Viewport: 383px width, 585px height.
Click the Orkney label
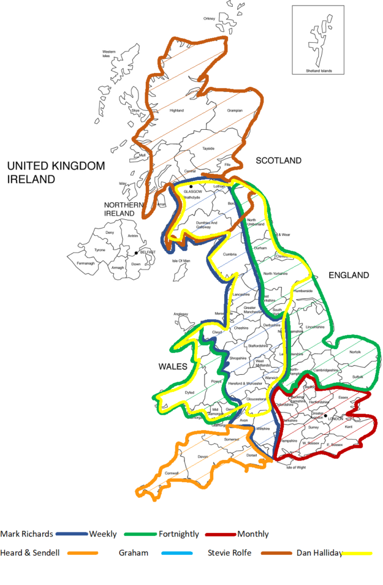click(209, 19)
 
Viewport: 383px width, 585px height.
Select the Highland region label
click(177, 110)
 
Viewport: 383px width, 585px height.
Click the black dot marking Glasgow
click(191, 187)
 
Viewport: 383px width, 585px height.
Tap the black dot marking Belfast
click(136, 253)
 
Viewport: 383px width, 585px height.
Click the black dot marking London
click(326, 416)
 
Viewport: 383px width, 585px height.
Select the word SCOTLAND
click(278, 161)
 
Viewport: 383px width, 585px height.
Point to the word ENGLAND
click(349, 275)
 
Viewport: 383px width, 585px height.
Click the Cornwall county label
click(171, 473)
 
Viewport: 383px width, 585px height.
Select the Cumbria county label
click(230, 255)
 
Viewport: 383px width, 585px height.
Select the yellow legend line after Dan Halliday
click(357, 552)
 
